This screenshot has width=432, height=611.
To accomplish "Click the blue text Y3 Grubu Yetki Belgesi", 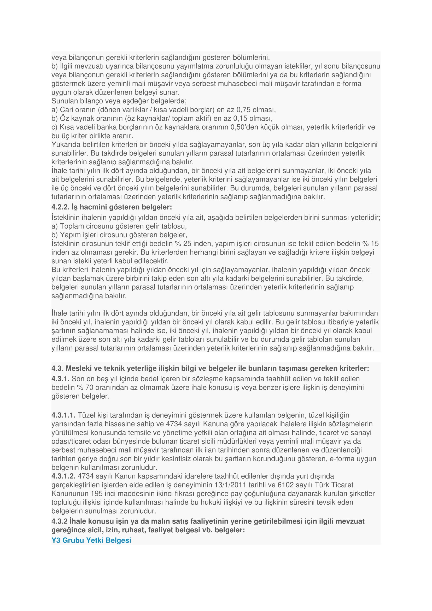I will [91, 540].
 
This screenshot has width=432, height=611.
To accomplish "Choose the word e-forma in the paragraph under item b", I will [349, 84].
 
